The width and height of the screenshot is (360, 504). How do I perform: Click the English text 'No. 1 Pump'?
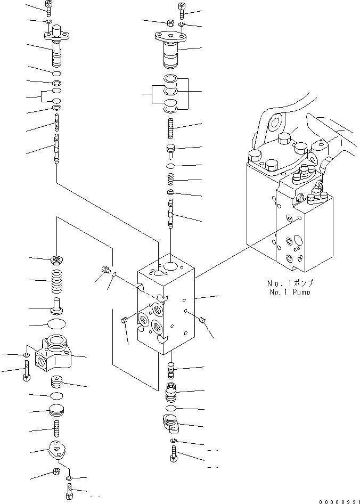point(291,292)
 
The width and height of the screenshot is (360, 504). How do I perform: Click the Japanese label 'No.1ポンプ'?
point(291,283)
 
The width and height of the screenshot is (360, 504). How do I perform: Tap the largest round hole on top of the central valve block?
point(172,266)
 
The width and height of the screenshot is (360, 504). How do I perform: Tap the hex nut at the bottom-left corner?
point(55,472)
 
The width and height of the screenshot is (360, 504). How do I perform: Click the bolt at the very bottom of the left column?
point(69,491)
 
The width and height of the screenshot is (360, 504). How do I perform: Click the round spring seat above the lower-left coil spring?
point(56,260)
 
